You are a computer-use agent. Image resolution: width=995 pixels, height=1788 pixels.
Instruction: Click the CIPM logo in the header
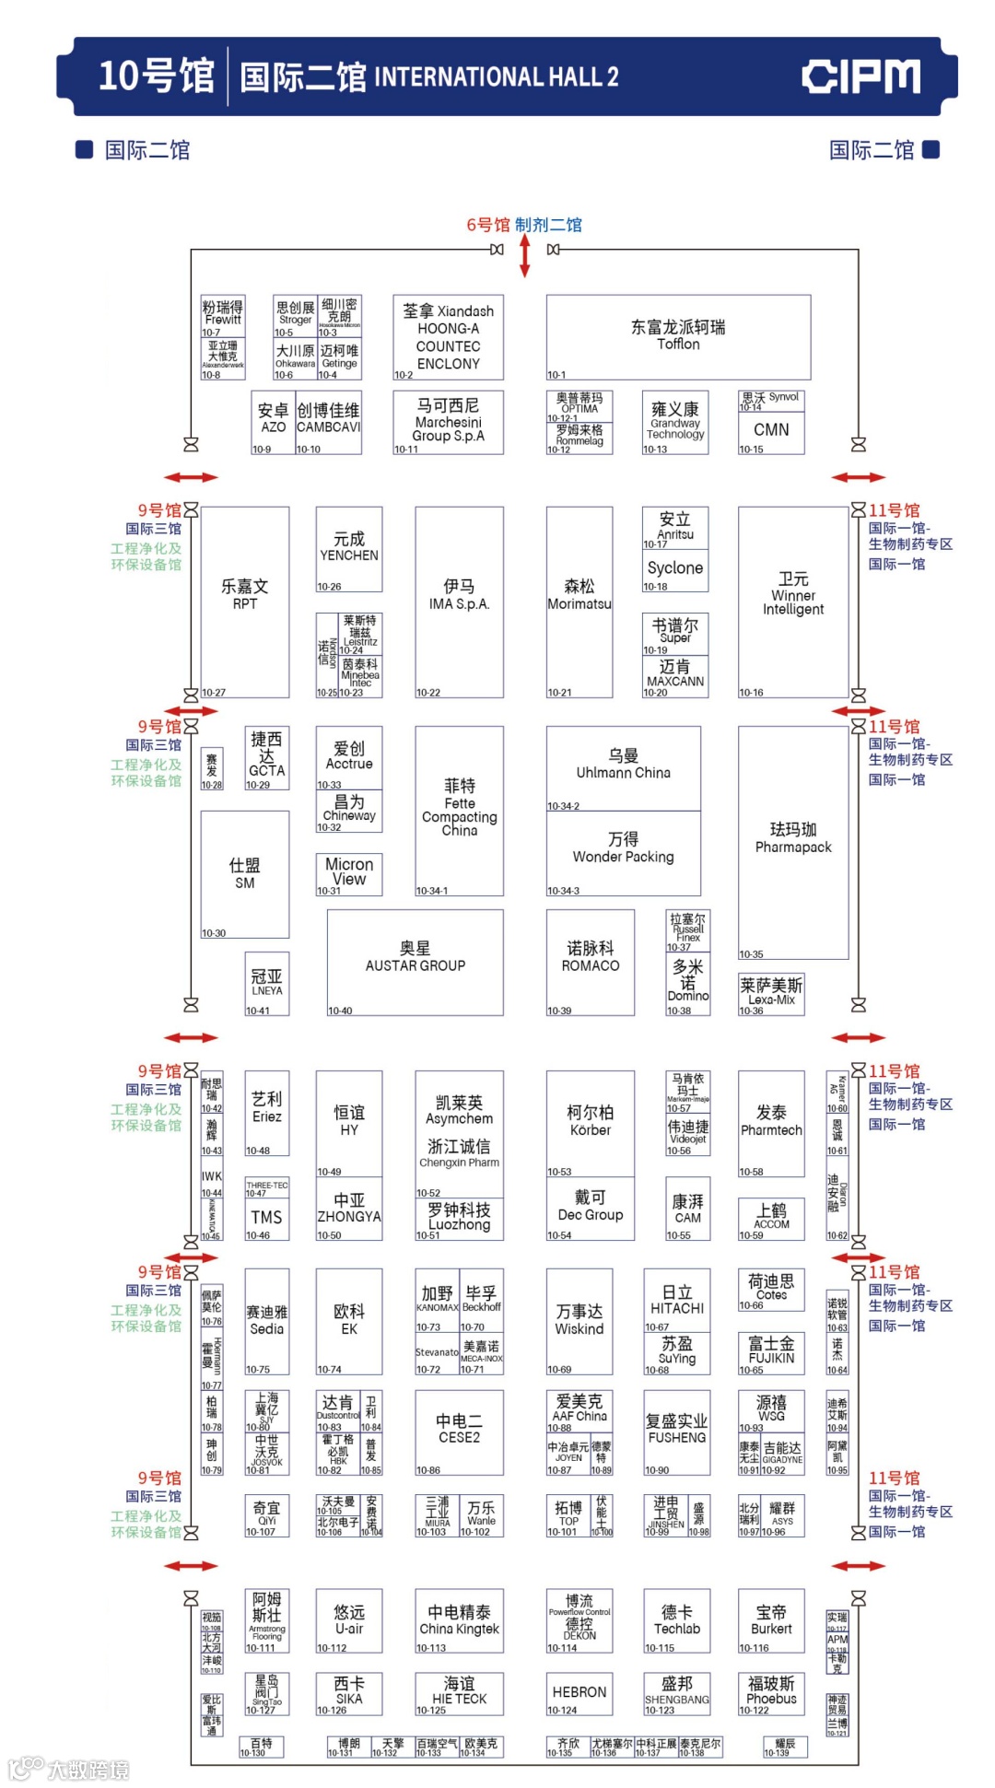[x=860, y=76]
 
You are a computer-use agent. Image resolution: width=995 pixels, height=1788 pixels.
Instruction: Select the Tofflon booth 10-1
[x=678, y=336]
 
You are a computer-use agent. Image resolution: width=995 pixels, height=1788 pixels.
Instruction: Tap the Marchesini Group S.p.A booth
[x=448, y=422]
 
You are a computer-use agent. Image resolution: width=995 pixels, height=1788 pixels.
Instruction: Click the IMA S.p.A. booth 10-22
[x=459, y=601]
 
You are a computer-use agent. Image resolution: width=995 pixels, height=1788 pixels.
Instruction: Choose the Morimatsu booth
[x=579, y=601]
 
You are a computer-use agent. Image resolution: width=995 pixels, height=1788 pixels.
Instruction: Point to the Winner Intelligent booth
[x=792, y=601]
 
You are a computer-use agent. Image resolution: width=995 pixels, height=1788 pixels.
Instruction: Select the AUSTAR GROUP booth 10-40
[x=415, y=962]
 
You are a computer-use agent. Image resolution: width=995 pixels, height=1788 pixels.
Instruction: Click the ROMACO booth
[x=590, y=962]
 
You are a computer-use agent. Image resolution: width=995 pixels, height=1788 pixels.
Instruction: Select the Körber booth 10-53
[x=590, y=1123]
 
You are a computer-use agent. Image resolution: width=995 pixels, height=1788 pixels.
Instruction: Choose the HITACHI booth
[x=676, y=1302]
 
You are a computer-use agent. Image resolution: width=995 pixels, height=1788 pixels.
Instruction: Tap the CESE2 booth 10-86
[x=459, y=1432]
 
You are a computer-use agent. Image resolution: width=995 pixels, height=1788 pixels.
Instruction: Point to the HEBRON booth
[x=579, y=1693]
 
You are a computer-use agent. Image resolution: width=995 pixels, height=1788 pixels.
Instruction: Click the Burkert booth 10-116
[x=771, y=1621]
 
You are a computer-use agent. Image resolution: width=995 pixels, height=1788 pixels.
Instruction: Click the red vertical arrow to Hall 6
[x=524, y=255]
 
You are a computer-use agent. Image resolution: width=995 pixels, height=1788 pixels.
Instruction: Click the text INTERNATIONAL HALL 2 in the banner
[x=497, y=76]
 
